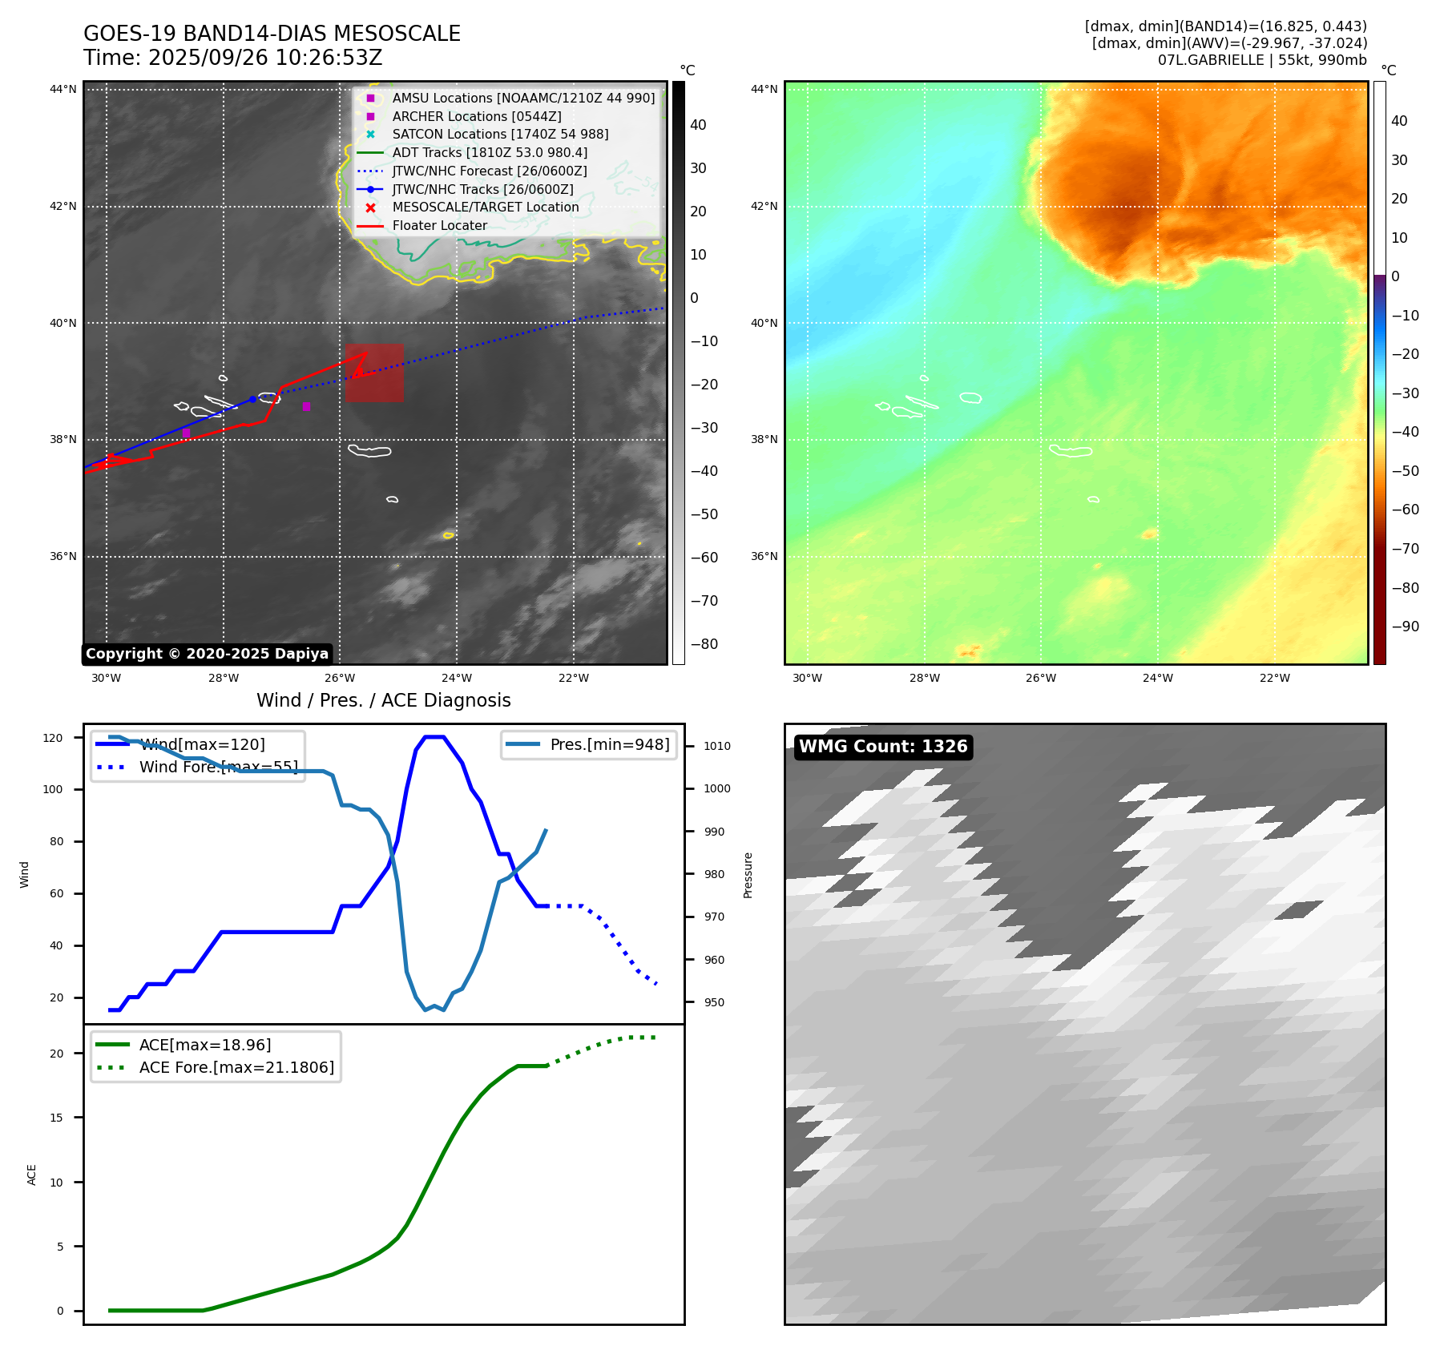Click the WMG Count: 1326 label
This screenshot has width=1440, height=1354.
pos(883,747)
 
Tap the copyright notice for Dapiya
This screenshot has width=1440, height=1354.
pos(207,654)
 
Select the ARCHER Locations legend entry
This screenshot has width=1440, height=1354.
pos(476,116)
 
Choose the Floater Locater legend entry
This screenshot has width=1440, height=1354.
pos(439,226)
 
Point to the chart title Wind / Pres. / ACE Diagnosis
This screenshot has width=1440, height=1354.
pos(383,700)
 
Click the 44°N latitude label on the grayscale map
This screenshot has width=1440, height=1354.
pos(63,89)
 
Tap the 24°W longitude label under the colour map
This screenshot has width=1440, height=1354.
pos(1157,678)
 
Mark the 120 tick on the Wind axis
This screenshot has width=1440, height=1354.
pos(53,738)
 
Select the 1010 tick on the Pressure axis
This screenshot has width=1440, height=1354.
pos(717,746)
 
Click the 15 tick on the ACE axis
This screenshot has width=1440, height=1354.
pos(56,1118)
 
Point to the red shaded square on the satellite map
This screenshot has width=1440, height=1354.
pos(374,373)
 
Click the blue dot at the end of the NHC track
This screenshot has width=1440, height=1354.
pos(252,399)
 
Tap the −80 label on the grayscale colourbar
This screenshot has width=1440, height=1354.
pos(704,644)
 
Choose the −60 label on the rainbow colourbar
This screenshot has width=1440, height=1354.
pos(1405,510)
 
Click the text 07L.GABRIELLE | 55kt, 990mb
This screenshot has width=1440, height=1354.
pos(1262,60)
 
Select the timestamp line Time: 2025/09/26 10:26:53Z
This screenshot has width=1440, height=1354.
pos(232,58)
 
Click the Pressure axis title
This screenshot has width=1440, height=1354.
pos(748,875)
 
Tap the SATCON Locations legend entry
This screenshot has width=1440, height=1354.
pos(500,135)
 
